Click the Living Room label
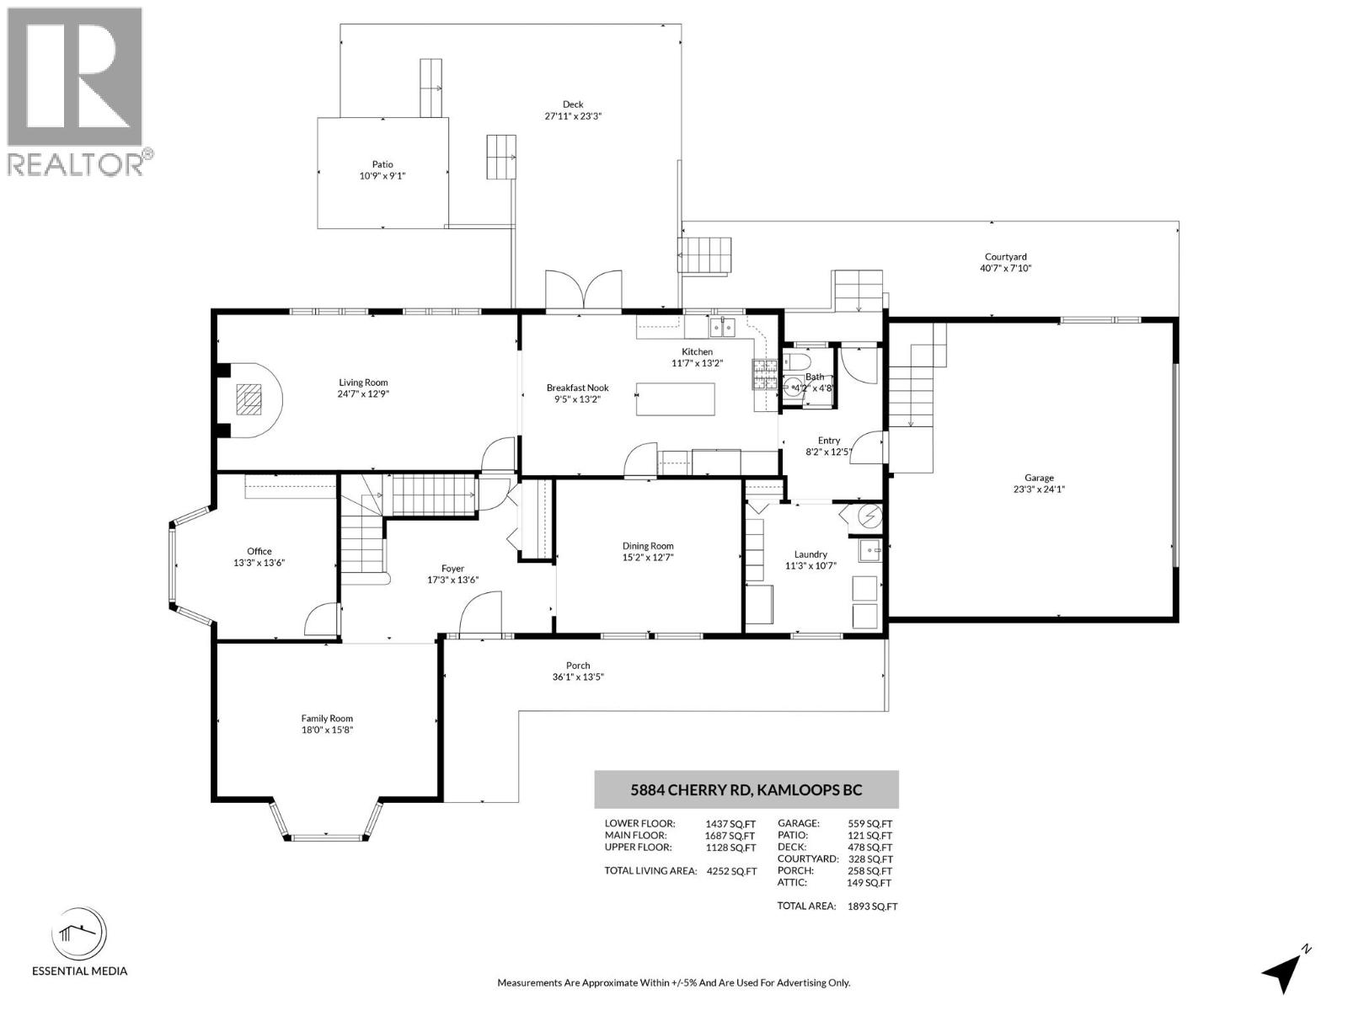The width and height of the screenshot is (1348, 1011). click(363, 382)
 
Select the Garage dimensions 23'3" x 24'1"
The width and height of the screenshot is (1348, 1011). click(1039, 489)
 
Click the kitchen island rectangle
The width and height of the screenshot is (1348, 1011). click(675, 399)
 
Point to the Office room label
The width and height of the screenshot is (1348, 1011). click(259, 551)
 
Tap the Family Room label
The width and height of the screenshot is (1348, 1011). click(327, 719)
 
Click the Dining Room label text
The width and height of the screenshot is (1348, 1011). click(648, 546)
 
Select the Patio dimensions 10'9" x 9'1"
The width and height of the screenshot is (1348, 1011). click(382, 176)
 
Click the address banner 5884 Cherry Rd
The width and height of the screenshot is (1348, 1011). click(746, 790)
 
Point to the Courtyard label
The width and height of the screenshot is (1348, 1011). click(1006, 257)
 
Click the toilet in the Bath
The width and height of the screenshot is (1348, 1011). click(793, 362)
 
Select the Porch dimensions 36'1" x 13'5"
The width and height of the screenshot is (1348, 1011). click(578, 677)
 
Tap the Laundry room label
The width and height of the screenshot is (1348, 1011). click(810, 554)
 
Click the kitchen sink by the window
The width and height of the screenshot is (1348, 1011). click(722, 326)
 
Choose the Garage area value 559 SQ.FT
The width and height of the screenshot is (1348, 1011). click(869, 824)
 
